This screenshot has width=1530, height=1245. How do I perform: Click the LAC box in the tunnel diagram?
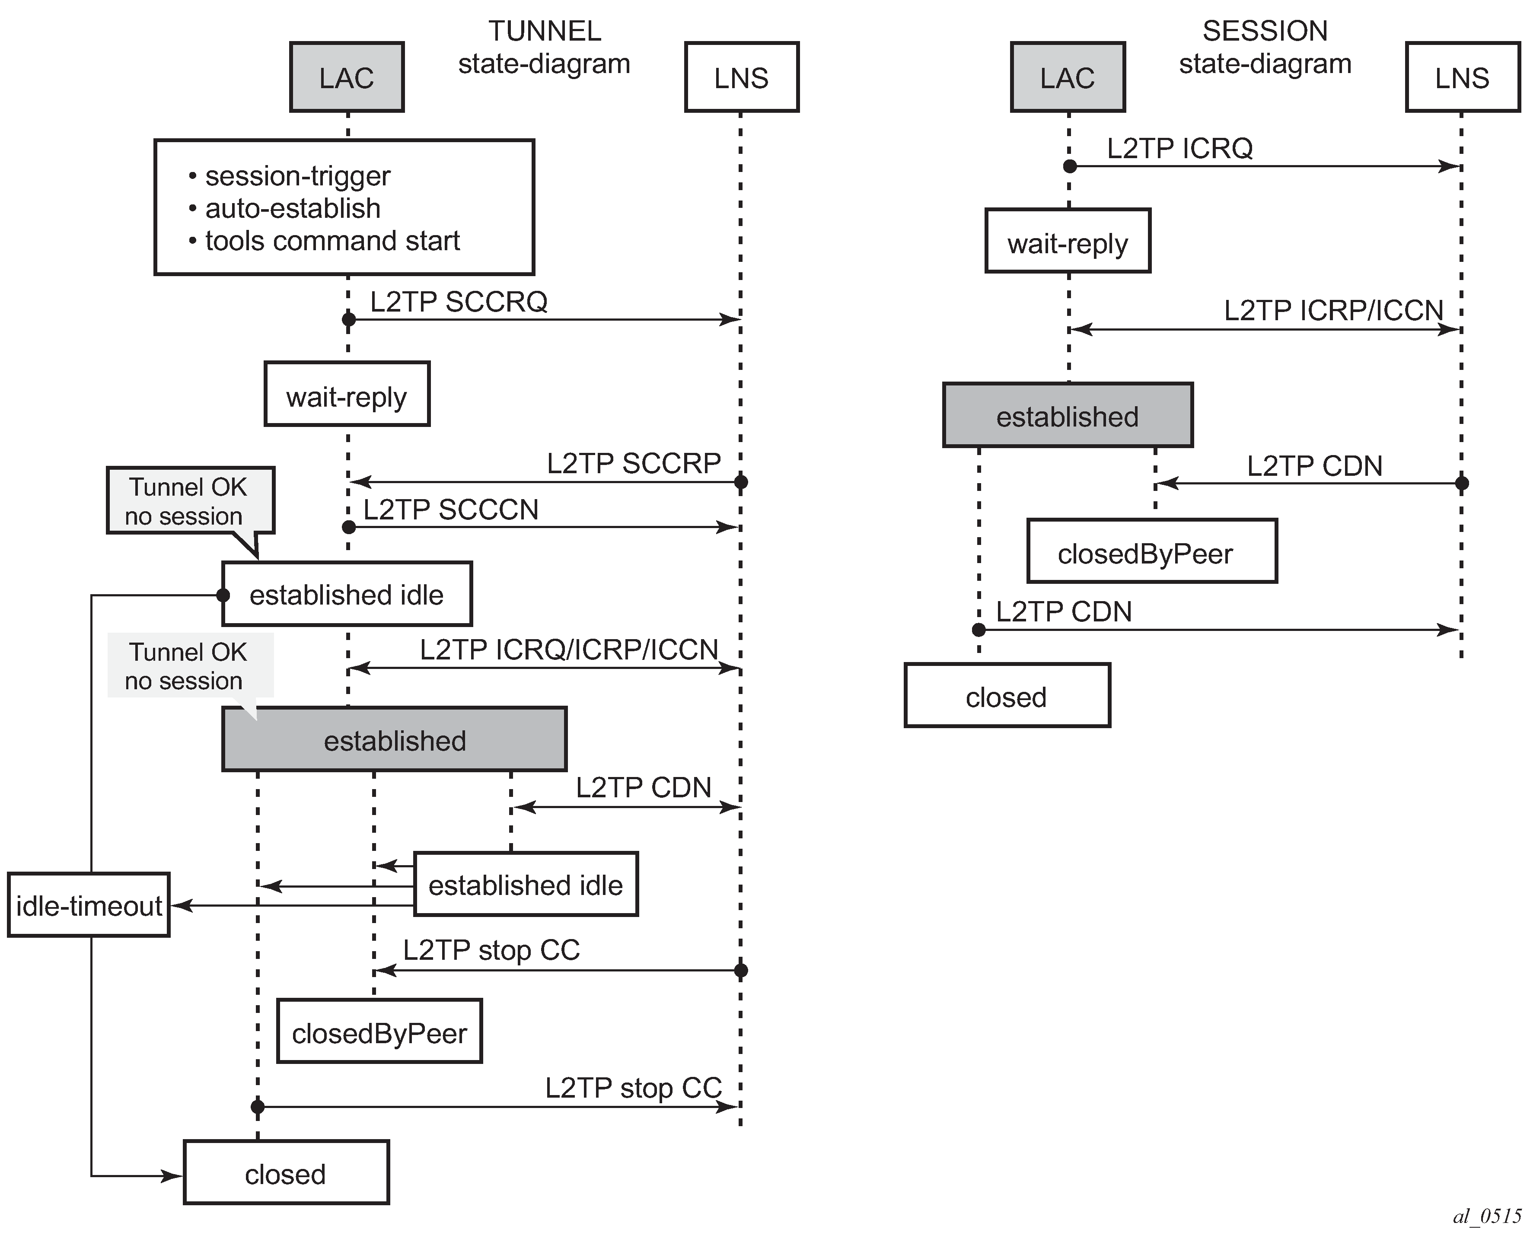[x=347, y=77]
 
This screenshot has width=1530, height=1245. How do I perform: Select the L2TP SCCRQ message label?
[x=459, y=302]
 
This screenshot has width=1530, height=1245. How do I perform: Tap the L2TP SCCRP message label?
[x=633, y=463]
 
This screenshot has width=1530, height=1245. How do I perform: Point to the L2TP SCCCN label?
[x=450, y=510]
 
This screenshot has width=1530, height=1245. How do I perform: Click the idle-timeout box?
[x=89, y=906]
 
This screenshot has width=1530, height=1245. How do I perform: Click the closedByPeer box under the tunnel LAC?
[x=379, y=1033]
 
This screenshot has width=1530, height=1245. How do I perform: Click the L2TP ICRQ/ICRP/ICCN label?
[x=569, y=650]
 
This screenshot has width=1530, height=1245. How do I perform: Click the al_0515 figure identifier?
[x=1486, y=1216]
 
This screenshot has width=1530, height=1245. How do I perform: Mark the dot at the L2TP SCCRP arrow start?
[x=741, y=482]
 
